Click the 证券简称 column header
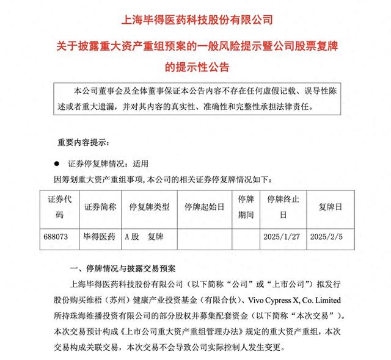(99, 207)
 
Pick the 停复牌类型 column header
(148, 207)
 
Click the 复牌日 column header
(331, 207)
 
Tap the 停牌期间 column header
(246, 207)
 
